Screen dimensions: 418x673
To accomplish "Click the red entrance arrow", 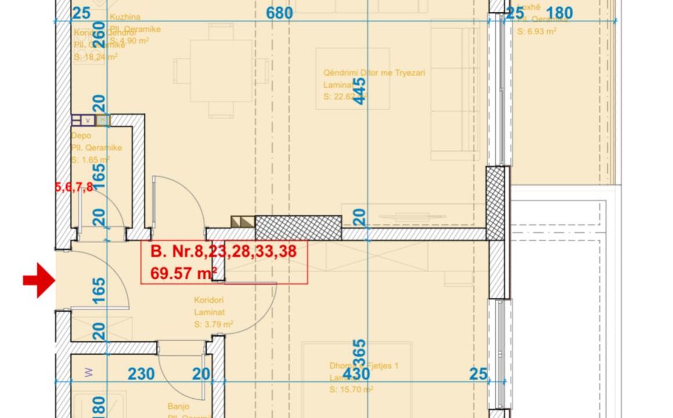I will pos(39,280).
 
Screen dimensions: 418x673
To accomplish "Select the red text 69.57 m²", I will pos(183,272).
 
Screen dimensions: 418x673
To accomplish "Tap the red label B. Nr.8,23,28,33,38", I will pos(223,251).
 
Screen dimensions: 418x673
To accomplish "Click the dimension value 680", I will pos(279,13).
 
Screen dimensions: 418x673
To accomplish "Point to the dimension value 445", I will pos(360,91).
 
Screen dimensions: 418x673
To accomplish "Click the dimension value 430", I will pos(356,374).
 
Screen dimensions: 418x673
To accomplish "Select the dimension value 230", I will pos(141,374).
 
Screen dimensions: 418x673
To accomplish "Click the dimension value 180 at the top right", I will pos(559,13).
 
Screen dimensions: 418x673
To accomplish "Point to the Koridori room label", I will pos(208,300).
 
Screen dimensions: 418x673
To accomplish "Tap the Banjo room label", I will pos(179,407).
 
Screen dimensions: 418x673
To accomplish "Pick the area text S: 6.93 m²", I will pos(537,31).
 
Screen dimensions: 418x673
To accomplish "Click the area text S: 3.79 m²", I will pos(213,324).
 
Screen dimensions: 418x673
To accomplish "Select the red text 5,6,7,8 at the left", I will pos(74,187).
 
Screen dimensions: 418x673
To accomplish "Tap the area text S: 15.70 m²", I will pos(351,390).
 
